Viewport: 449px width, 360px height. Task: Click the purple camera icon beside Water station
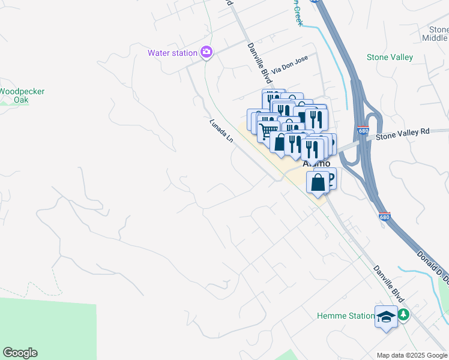point(206,53)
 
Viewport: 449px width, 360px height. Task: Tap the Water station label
point(173,53)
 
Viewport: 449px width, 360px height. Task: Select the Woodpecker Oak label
point(21,95)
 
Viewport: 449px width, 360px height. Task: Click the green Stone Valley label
point(390,58)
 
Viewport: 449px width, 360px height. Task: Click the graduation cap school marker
point(386,317)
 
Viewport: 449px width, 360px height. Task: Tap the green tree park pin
point(405,314)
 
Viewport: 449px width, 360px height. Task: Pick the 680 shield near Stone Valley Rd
point(362,131)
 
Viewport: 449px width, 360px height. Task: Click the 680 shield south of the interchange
point(384,217)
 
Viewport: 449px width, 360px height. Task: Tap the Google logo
point(20,353)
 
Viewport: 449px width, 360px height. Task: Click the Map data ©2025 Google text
point(411,355)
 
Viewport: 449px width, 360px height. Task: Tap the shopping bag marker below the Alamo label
point(318,181)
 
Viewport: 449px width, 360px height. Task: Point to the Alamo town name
point(316,163)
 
